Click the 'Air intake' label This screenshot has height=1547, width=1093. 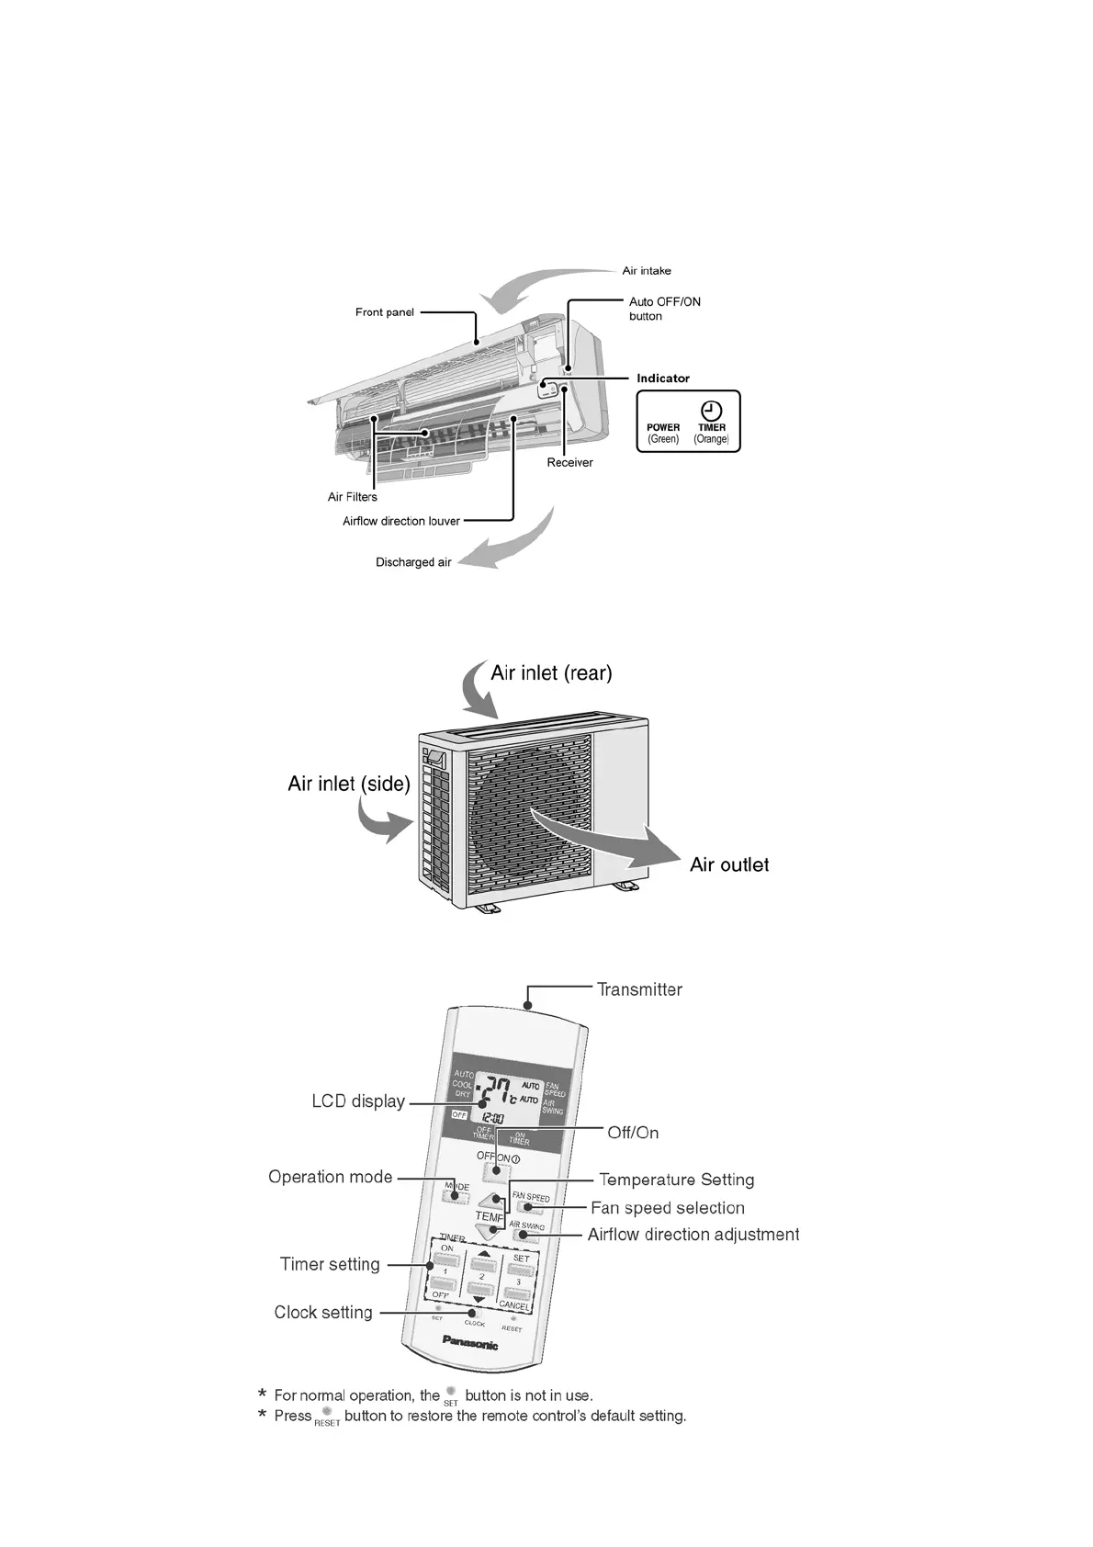[647, 271]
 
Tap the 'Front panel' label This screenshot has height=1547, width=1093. [385, 312]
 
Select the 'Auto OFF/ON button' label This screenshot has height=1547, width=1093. [664, 309]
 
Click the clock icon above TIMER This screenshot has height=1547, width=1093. [712, 411]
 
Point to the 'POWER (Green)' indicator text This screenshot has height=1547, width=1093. [663, 434]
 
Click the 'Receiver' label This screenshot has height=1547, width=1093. [569, 463]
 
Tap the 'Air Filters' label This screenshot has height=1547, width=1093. [353, 497]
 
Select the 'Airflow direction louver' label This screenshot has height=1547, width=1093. [401, 522]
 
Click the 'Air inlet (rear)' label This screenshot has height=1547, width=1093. [551, 673]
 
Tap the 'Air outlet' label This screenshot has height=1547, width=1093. [729, 865]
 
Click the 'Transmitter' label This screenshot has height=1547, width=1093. [639, 990]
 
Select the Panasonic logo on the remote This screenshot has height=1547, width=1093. [470, 1343]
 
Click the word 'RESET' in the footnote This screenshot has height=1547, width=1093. [327, 1423]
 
